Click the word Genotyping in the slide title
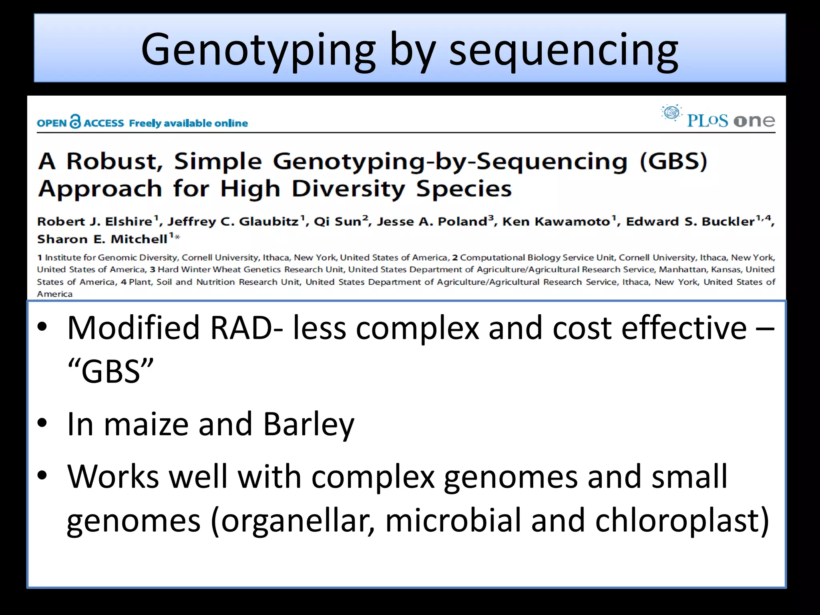(258, 50)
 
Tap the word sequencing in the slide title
(563, 50)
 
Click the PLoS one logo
(719, 117)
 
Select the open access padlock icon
(75, 121)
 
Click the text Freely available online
(188, 123)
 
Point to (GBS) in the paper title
(673, 161)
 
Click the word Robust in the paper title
(115, 161)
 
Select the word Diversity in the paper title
(348, 189)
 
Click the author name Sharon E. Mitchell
(102, 239)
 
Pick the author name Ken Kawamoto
(556, 221)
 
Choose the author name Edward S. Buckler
(690, 221)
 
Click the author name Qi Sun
(338, 221)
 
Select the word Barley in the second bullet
(309, 424)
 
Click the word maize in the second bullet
(146, 424)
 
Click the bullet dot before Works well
(42, 476)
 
